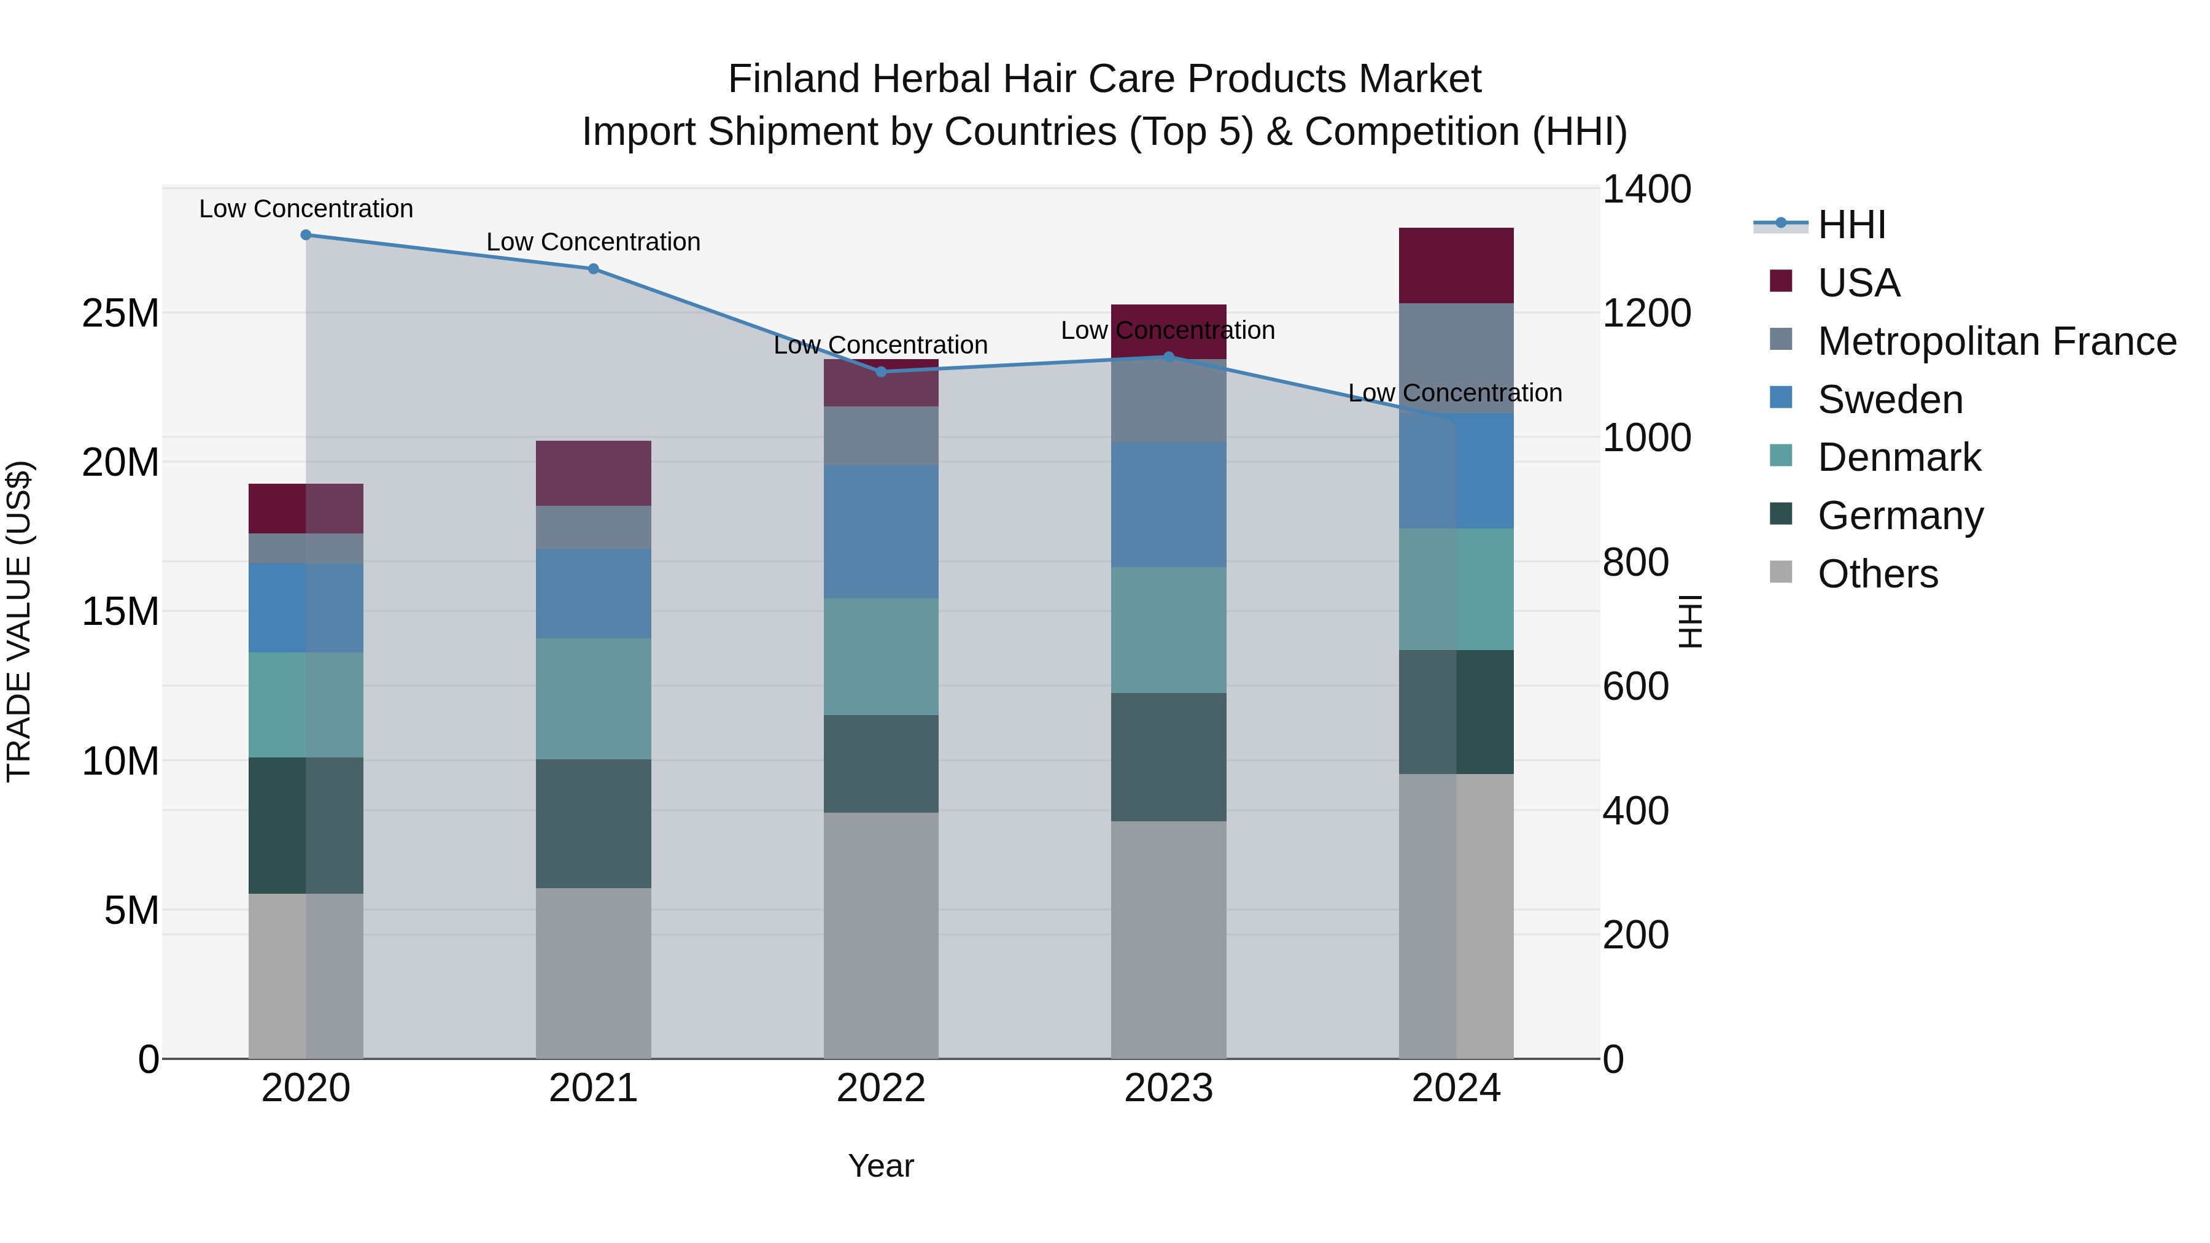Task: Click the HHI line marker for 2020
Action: click(306, 235)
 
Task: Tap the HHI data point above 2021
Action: click(593, 268)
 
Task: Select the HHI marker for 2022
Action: click(881, 371)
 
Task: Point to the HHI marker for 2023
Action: click(1168, 356)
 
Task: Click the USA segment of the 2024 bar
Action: click(1456, 265)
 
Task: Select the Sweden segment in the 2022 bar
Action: click(881, 532)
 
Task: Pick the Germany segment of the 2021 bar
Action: click(593, 824)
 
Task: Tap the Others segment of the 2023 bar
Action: click(1168, 939)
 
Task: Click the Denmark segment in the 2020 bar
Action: click(306, 705)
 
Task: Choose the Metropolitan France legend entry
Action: click(1996, 341)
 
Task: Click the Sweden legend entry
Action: click(1890, 400)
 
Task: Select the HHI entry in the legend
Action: click(1851, 225)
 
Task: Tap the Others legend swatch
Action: click(1781, 572)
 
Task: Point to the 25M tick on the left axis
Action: click(120, 314)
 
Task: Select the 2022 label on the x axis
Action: click(881, 1088)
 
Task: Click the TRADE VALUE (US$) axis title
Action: click(19, 621)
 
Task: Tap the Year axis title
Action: click(881, 1166)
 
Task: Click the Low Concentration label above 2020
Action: click(306, 209)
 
